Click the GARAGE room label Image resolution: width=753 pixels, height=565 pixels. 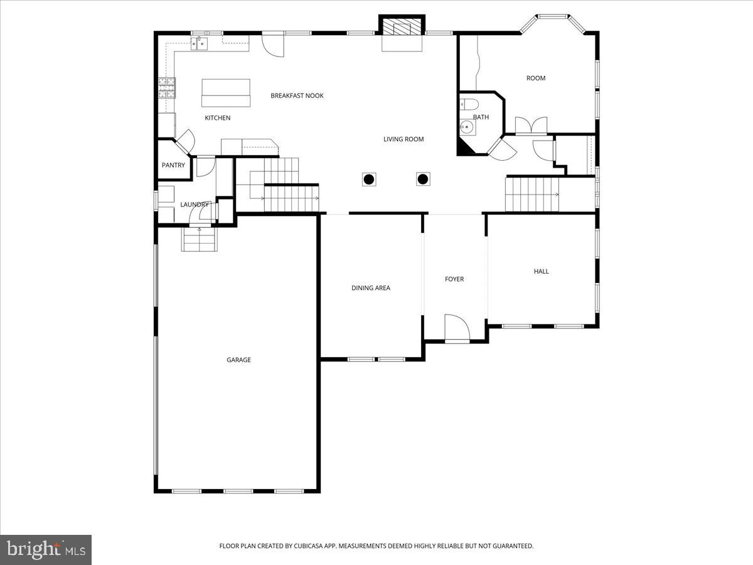point(238,360)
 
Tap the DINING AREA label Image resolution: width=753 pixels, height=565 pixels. point(370,288)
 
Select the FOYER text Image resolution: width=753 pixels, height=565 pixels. point(454,279)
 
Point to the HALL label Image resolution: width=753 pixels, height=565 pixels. point(541,271)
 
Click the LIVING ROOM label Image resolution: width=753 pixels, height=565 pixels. point(403,139)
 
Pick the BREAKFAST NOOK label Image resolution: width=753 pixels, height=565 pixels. point(297,96)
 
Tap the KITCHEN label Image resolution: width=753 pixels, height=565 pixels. point(218,118)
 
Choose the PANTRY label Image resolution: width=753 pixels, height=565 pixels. point(173,166)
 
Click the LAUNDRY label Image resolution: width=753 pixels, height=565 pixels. point(194,205)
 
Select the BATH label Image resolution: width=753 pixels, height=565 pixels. point(481,117)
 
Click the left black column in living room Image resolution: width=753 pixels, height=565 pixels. point(369,180)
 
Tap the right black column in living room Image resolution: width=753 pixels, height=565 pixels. point(423,180)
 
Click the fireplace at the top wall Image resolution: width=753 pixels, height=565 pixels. point(402,27)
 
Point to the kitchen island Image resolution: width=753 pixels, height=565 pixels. point(226,93)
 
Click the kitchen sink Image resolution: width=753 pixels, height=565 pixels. point(200,43)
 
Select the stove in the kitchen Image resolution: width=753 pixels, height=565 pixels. point(166,87)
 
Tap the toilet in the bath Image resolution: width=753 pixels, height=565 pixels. point(468,104)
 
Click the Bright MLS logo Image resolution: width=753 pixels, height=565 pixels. point(46,550)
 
